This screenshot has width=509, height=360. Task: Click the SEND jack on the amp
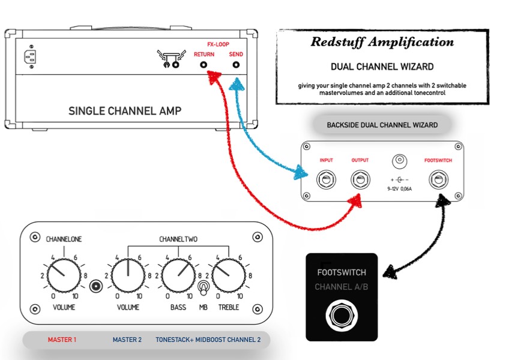(236, 65)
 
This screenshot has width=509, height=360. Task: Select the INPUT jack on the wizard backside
(327, 179)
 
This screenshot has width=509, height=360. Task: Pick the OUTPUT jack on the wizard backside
(360, 179)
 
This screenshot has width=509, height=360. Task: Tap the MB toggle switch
(203, 289)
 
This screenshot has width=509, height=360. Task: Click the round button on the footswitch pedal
(342, 315)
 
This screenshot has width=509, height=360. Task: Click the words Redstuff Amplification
(382, 42)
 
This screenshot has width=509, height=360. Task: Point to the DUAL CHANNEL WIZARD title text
(382, 66)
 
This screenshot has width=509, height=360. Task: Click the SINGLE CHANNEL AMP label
(125, 110)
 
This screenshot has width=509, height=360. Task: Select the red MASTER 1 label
(62, 340)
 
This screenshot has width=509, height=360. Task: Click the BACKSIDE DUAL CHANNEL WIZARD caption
(382, 125)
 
